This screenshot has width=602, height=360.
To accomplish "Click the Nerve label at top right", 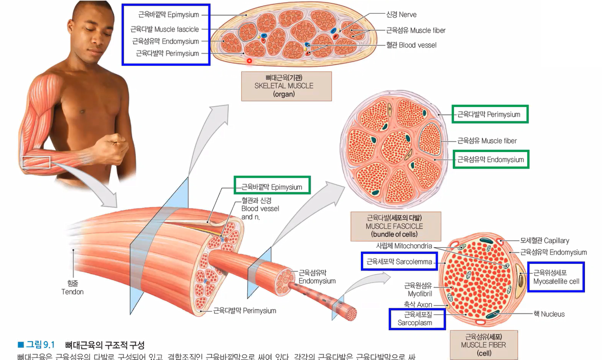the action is [x=401, y=15].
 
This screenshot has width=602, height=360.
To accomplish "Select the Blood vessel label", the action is [x=411, y=45].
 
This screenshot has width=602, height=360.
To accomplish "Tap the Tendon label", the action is [x=72, y=288].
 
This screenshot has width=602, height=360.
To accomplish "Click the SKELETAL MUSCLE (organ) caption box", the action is [x=286, y=86].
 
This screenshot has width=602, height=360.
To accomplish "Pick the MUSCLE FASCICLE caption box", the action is [x=395, y=226].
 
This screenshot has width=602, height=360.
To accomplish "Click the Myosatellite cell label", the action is [x=556, y=277].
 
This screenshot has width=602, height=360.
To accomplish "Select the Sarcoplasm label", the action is [x=417, y=318].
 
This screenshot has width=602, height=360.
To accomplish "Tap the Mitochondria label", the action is [x=404, y=246].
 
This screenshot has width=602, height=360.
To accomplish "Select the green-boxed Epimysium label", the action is [x=272, y=187].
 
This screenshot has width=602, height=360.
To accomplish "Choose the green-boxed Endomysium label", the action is [x=490, y=160].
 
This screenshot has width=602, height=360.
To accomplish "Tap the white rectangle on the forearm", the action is [x=36, y=162].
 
